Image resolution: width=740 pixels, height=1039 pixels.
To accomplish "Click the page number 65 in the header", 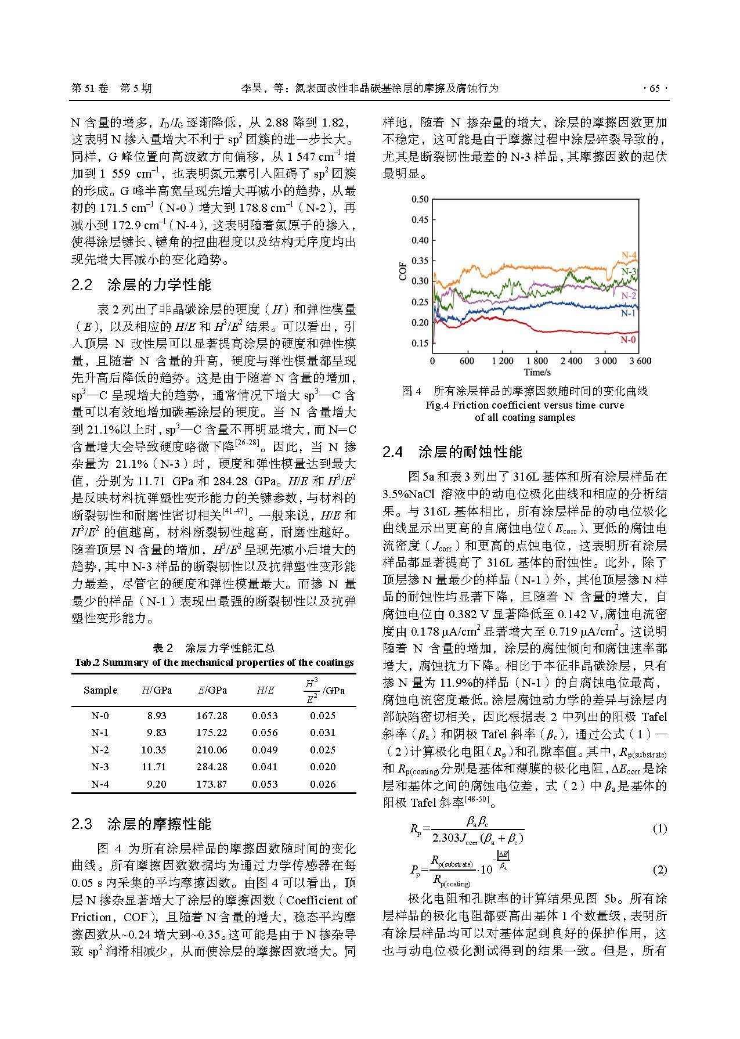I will click(x=655, y=88).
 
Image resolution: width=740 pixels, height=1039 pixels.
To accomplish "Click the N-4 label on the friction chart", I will click(x=629, y=255).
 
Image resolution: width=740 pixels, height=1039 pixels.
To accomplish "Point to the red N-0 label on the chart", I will click(x=628, y=340).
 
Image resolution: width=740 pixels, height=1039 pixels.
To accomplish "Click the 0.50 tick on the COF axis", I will click(x=420, y=199).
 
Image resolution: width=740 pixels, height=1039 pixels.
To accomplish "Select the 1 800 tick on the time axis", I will click(x=536, y=361).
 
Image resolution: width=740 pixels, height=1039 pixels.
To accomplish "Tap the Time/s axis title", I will click(x=536, y=372).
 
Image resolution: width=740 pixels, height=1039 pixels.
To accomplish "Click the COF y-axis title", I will click(x=403, y=271).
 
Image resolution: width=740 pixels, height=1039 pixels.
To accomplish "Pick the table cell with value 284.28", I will click(x=212, y=767).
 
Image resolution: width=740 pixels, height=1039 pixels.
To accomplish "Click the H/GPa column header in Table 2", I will click(x=157, y=690).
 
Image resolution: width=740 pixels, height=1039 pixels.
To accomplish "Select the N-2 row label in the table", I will click(x=100, y=750).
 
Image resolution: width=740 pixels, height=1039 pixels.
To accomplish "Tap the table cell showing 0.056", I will click(x=265, y=733).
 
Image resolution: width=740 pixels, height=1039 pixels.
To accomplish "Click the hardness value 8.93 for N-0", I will click(x=157, y=716).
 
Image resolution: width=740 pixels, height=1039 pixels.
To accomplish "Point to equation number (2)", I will click(x=660, y=870).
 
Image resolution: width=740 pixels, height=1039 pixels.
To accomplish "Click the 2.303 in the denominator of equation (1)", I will click(x=446, y=838).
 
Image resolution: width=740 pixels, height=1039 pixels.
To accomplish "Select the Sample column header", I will click(x=100, y=690).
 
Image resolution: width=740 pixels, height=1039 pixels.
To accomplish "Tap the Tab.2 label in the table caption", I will click(x=87, y=662).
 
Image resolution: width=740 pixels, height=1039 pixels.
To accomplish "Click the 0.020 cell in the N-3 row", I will click(x=323, y=767).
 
